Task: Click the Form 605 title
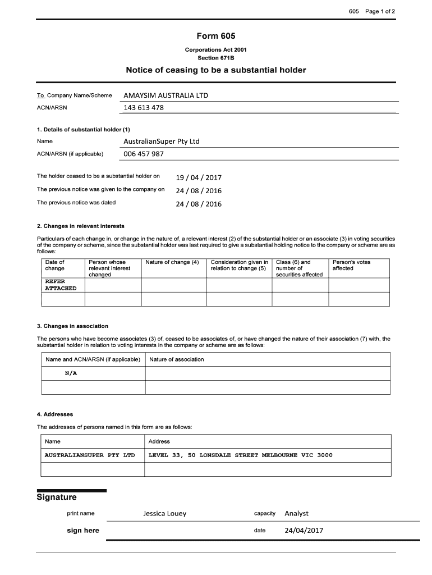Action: click(x=216, y=36)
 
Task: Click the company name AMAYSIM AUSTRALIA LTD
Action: click(x=166, y=95)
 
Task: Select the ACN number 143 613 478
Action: click(x=144, y=108)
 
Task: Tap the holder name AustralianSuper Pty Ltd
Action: click(x=162, y=141)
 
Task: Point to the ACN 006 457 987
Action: click(x=144, y=154)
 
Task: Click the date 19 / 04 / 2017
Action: click(x=199, y=177)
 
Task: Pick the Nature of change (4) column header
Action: click(x=172, y=262)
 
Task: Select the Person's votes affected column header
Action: click(x=352, y=265)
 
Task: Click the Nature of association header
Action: click(x=177, y=359)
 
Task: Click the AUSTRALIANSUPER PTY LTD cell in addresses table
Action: click(x=90, y=455)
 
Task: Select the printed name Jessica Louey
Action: click(x=164, y=513)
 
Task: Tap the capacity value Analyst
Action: click(x=296, y=513)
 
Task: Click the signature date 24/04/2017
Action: click(x=304, y=530)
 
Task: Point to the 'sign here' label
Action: click(x=82, y=531)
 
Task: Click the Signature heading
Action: click(x=57, y=498)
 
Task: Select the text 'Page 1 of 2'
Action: click(x=380, y=11)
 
